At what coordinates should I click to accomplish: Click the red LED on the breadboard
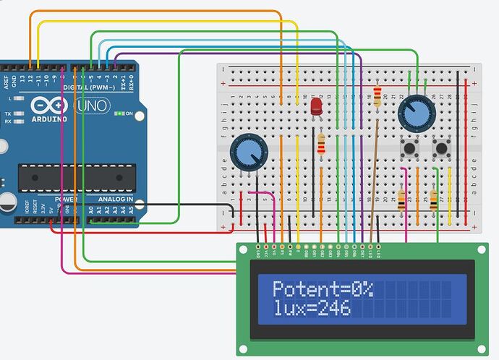point(316,107)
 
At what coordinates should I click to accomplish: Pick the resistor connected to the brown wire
point(376,96)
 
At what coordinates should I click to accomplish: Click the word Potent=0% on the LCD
point(323,290)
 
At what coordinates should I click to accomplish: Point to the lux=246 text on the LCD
point(312,309)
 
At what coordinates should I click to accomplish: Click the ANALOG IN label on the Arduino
point(115,199)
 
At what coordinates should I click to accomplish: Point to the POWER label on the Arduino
point(67,199)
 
